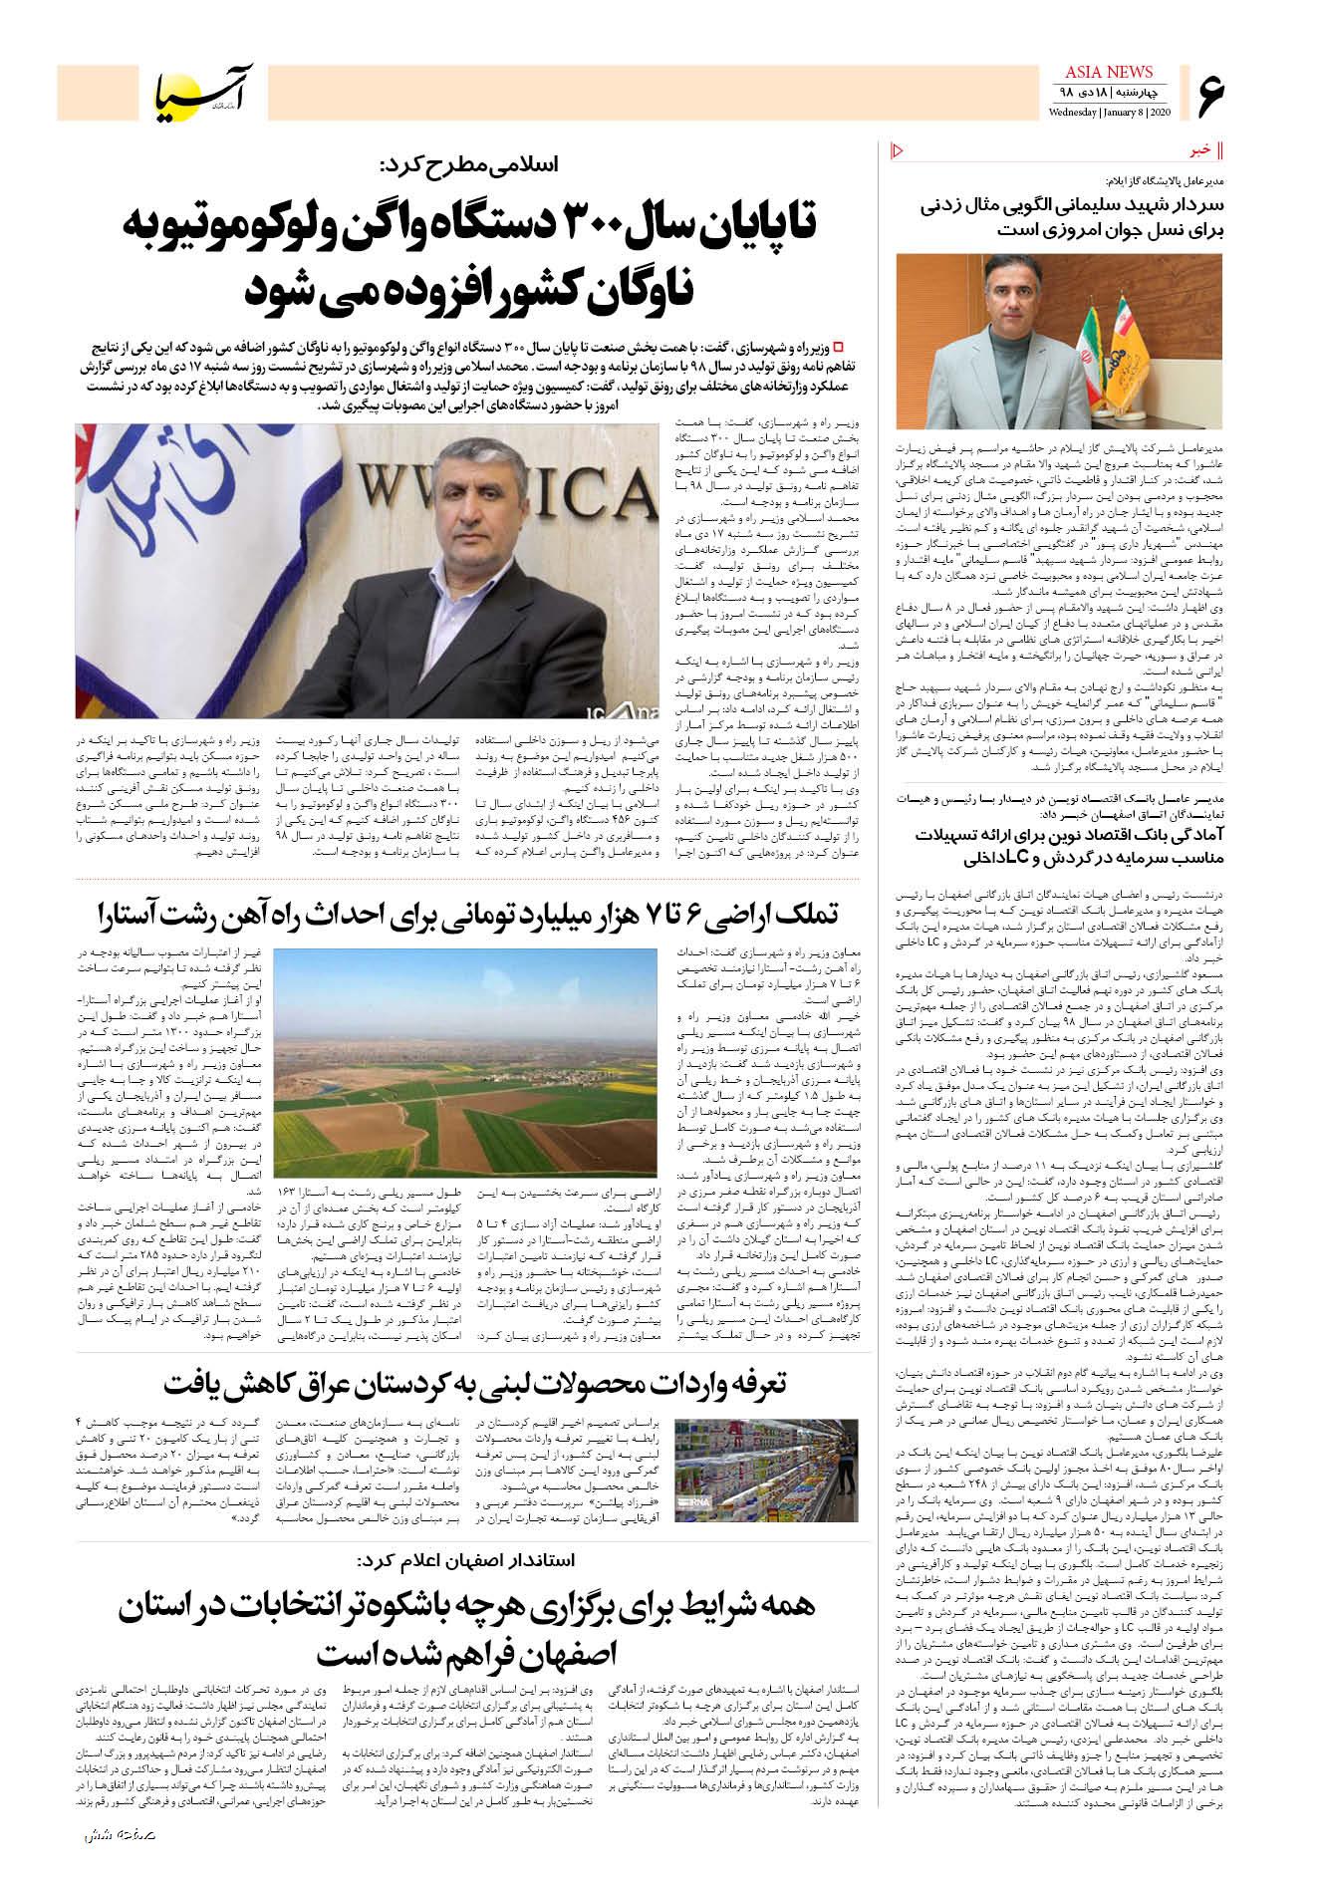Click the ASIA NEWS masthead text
click(1109, 72)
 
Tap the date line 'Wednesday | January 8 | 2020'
click(1109, 112)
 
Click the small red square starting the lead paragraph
click(838, 345)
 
